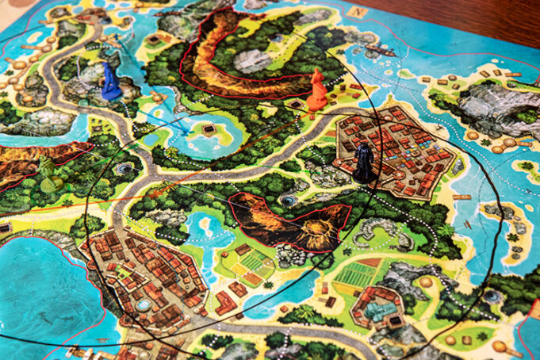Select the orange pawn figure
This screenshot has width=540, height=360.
317,90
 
